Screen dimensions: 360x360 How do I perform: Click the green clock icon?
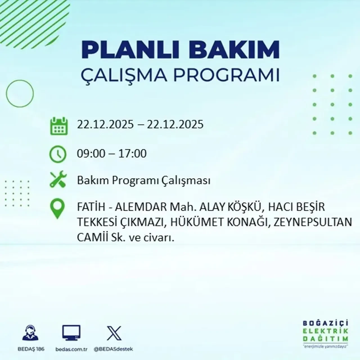click(58, 154)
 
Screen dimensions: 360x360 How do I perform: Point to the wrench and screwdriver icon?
click(58, 180)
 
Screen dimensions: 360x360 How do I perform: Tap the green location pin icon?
click(57, 209)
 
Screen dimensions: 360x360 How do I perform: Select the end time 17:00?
click(133, 154)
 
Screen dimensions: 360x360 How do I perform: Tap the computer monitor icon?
click(71, 333)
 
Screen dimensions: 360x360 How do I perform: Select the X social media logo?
click(114, 333)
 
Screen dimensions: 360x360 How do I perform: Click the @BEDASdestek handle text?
click(113, 349)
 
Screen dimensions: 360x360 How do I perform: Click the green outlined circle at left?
click(20, 93)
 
